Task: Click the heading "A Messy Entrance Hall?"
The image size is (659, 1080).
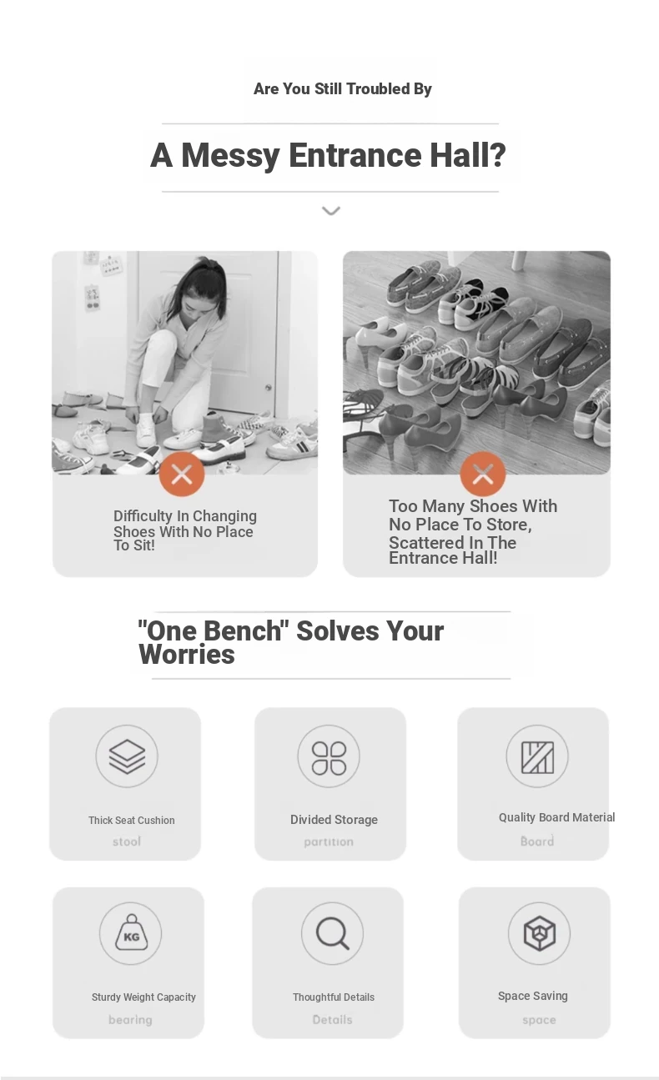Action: click(328, 155)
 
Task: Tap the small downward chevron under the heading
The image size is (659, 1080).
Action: click(331, 211)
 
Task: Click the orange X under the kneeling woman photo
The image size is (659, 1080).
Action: click(182, 474)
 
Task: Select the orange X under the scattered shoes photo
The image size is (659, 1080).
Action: click(482, 474)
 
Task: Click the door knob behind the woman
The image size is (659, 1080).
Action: click(269, 387)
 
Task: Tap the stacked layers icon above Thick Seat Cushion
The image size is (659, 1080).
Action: click(127, 756)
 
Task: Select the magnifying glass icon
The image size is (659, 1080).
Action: click(333, 934)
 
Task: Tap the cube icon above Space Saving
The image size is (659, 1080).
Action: click(540, 933)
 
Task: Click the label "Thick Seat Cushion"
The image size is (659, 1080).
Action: click(132, 820)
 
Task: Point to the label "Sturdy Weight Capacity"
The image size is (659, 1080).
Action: click(143, 997)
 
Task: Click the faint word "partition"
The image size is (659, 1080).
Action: click(329, 841)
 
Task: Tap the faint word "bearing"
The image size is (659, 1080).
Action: click(130, 1020)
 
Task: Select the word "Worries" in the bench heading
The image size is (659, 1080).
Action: click(187, 655)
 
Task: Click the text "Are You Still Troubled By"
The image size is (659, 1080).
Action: click(343, 88)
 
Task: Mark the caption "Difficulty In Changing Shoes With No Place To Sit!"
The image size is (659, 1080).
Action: click(185, 530)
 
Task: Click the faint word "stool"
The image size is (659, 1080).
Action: click(127, 841)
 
